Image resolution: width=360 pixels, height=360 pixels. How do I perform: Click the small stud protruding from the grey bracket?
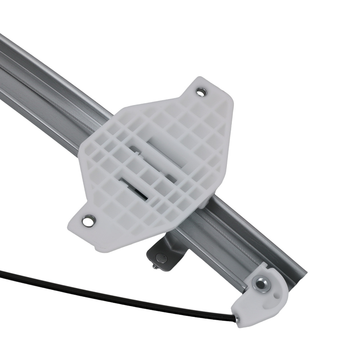pyautogui.click(x=154, y=266)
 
